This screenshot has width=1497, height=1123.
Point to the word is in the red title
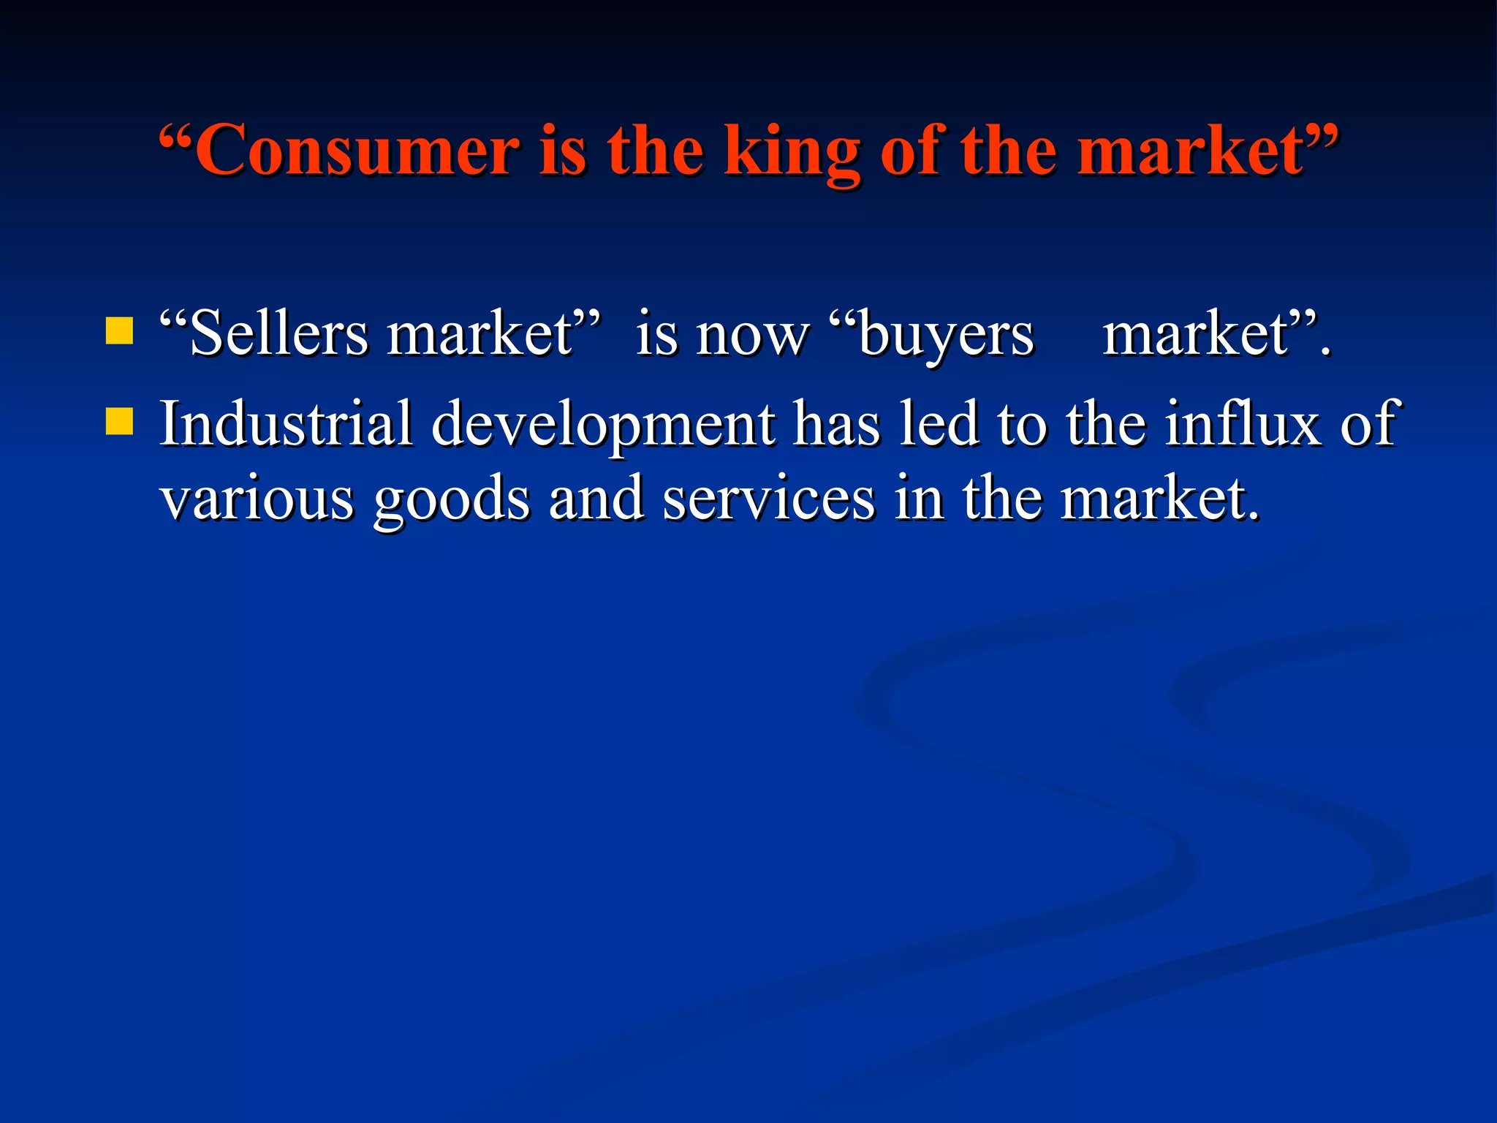coord(563,150)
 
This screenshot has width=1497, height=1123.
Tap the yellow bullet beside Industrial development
coord(119,421)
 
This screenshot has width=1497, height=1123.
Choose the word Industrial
coord(286,423)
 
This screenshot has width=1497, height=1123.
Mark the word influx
coord(1242,423)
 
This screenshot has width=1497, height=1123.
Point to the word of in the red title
coord(911,150)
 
